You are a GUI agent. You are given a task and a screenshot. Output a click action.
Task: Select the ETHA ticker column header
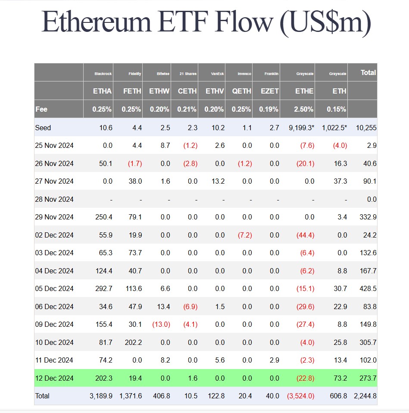pos(102,91)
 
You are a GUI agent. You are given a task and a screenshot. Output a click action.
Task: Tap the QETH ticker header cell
pos(241,91)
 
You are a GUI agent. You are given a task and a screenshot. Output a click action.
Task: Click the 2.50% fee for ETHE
pos(303,109)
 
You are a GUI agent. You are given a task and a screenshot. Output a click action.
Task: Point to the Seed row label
pos(43,128)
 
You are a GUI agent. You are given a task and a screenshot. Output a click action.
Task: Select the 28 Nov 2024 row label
pos(54,199)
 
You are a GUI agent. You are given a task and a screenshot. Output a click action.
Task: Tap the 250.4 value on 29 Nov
pos(104,217)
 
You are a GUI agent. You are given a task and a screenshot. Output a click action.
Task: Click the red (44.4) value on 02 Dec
pos(305,235)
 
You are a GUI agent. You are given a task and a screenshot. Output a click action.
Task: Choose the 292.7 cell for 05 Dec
pos(104,288)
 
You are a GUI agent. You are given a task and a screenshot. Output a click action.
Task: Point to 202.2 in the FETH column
pos(133,342)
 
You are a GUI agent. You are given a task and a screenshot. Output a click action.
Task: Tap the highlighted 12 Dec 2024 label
pos(54,378)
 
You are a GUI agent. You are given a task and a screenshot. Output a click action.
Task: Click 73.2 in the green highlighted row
pos(340,378)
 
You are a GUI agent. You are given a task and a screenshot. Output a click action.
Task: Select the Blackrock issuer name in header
pos(103,74)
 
